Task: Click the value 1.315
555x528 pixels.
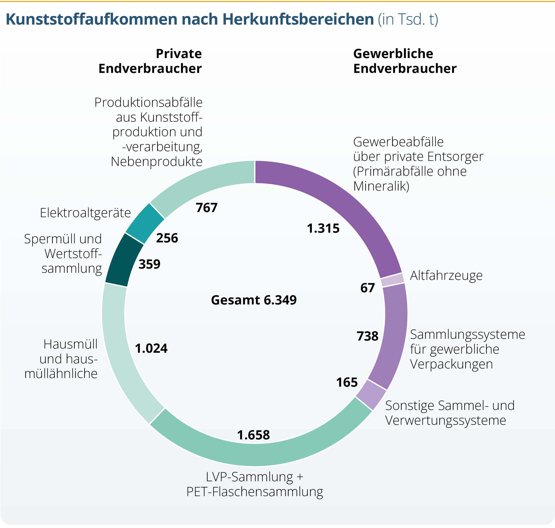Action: (323, 228)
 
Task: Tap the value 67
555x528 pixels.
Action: (367, 288)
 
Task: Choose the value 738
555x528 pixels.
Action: (367, 336)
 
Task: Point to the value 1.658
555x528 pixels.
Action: (253, 435)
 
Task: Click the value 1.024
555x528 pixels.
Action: (151, 349)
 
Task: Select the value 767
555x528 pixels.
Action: (207, 208)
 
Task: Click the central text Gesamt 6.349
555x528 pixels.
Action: (254, 300)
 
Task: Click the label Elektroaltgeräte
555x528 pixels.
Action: (85, 213)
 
